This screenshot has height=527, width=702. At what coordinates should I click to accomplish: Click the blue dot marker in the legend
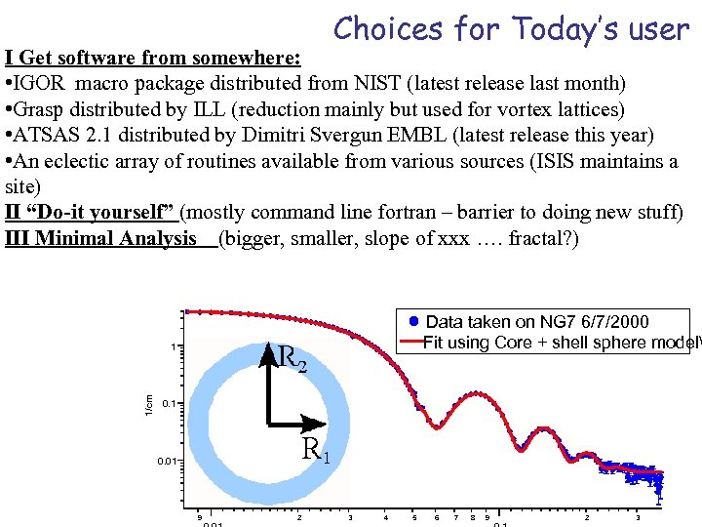pyautogui.click(x=413, y=321)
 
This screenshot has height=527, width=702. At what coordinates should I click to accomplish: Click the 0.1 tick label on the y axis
pyautogui.click(x=169, y=402)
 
